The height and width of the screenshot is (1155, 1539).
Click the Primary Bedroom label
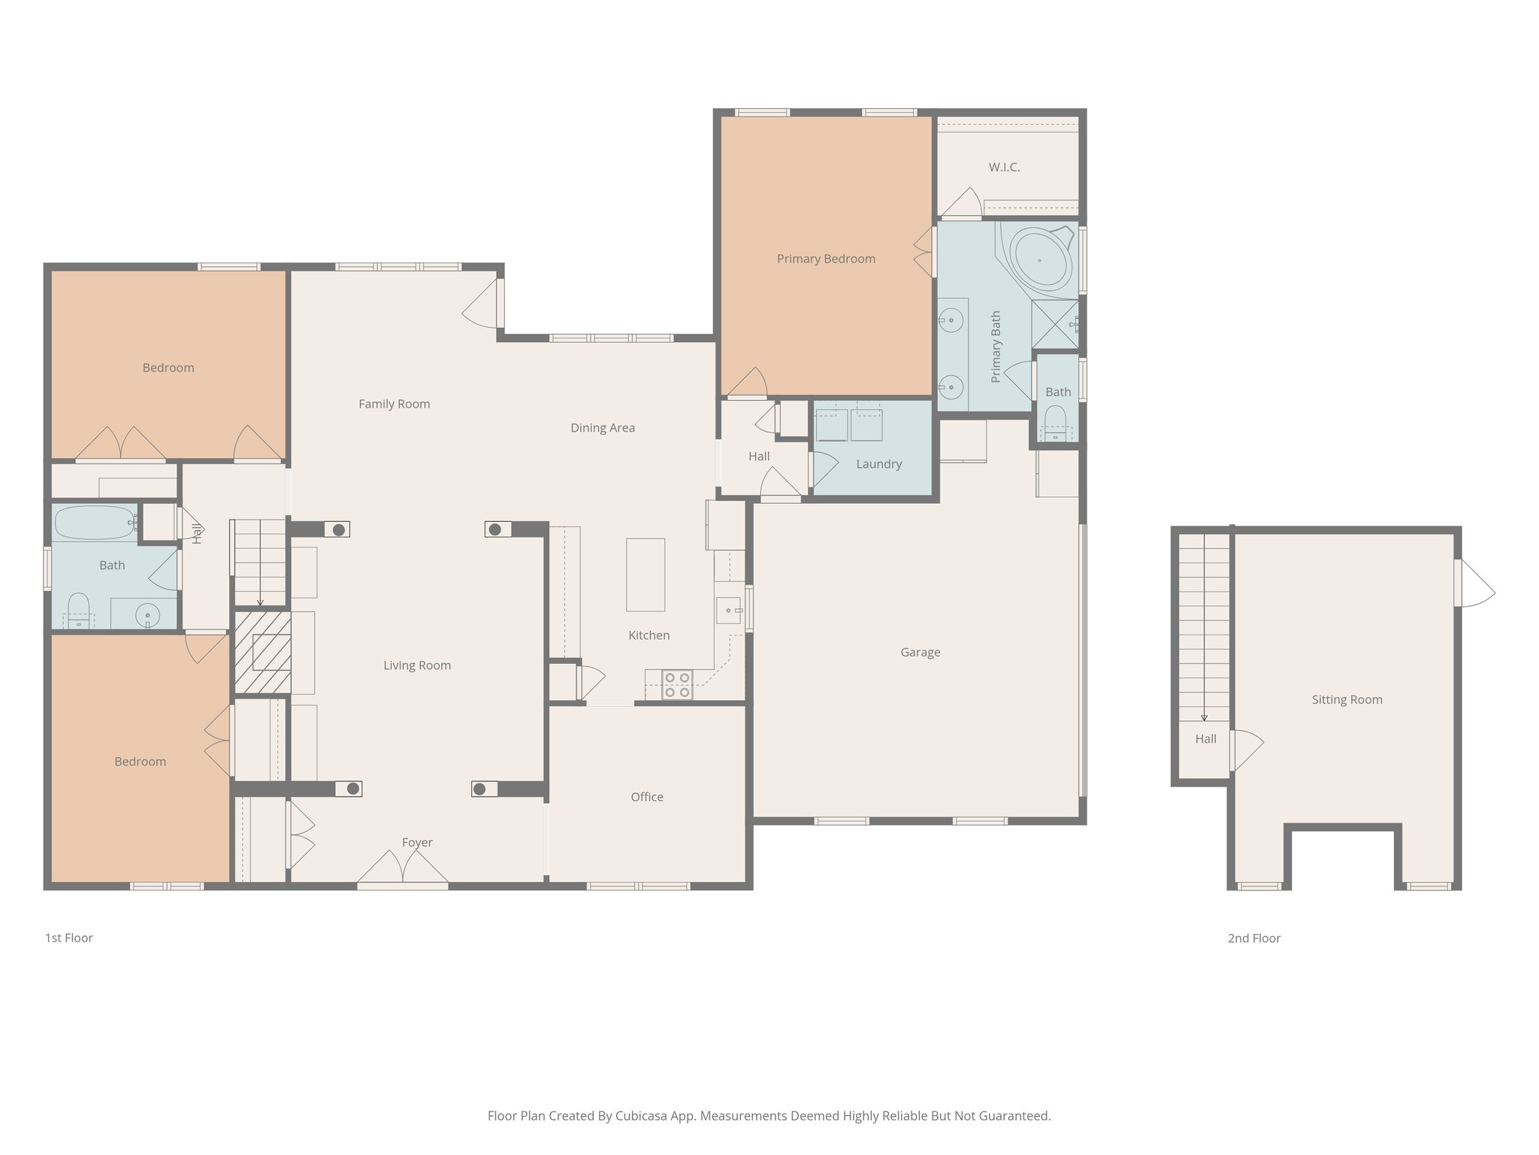[x=826, y=259]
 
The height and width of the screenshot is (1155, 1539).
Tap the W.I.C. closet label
[x=1004, y=167]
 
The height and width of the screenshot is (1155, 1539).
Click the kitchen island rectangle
[x=646, y=574]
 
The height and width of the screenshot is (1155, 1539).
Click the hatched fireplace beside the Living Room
[x=263, y=652]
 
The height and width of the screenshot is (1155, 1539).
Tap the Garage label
[x=920, y=652]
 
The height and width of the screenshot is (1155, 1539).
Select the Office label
[x=646, y=797]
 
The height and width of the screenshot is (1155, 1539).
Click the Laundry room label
[x=878, y=464]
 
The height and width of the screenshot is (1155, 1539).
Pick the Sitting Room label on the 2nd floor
[x=1347, y=699]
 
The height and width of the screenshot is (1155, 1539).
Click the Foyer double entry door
[x=403, y=869]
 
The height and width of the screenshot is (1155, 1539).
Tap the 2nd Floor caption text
[x=1253, y=938]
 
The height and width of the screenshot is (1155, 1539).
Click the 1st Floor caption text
[x=69, y=938]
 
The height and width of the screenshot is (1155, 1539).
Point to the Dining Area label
[x=602, y=428]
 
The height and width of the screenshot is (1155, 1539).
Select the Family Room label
[x=394, y=404]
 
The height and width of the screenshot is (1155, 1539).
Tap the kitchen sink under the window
[x=727, y=610]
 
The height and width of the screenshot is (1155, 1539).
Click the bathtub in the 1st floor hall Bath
[x=94, y=522]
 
